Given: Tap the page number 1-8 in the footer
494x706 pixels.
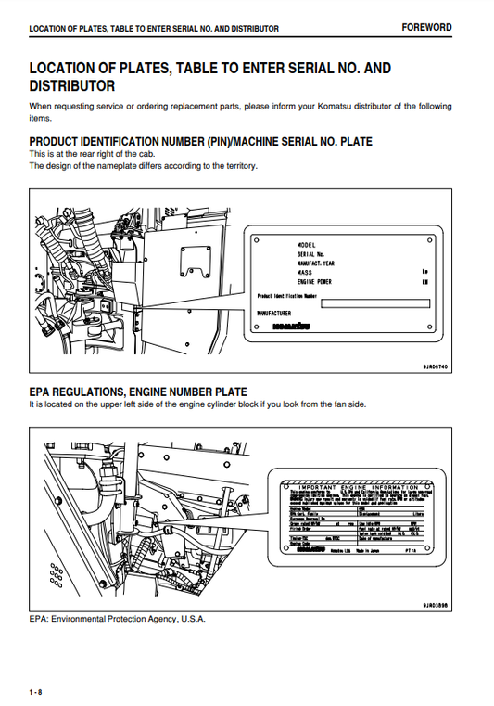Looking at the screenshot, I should [x=35, y=692].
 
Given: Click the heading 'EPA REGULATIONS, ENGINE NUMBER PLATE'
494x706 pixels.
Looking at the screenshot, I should [x=138, y=392].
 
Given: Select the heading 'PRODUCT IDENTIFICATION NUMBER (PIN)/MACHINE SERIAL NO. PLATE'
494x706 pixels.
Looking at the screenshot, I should [x=201, y=141].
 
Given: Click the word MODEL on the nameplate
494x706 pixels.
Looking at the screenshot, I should [x=308, y=243].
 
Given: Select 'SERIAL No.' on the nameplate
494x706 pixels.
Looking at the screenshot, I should [x=310, y=252].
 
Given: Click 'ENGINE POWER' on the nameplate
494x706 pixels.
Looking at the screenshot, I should [x=315, y=281].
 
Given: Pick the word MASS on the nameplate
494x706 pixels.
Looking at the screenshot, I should [x=304, y=272].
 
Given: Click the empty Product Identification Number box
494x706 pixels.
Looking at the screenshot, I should [x=374, y=302].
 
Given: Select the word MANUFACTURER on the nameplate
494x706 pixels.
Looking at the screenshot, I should [x=280, y=314].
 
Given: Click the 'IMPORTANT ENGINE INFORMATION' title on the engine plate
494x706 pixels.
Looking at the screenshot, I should [x=352, y=485].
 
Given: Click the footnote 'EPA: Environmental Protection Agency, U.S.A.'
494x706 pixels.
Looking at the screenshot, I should [x=118, y=619].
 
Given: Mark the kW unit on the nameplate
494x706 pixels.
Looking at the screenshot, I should [x=424, y=281].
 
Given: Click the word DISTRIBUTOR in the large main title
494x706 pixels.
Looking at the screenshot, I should [x=72, y=86].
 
